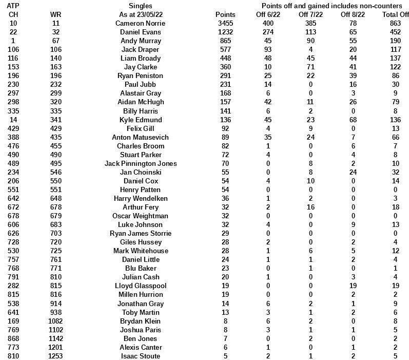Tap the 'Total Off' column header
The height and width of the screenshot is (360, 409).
395,14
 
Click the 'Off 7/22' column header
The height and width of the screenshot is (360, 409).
310,14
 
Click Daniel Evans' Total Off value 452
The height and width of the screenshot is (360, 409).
395,32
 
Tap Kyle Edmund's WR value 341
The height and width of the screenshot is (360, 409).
56,120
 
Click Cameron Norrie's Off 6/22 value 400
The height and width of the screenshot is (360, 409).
267,23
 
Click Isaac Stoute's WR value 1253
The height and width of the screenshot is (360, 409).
56,356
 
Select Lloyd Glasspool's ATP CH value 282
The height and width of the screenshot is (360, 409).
13,286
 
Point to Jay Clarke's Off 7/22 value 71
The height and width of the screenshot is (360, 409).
310,67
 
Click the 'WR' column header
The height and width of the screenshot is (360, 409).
56,14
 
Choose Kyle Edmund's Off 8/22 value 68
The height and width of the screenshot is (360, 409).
353,120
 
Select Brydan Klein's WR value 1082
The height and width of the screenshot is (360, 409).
56,321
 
